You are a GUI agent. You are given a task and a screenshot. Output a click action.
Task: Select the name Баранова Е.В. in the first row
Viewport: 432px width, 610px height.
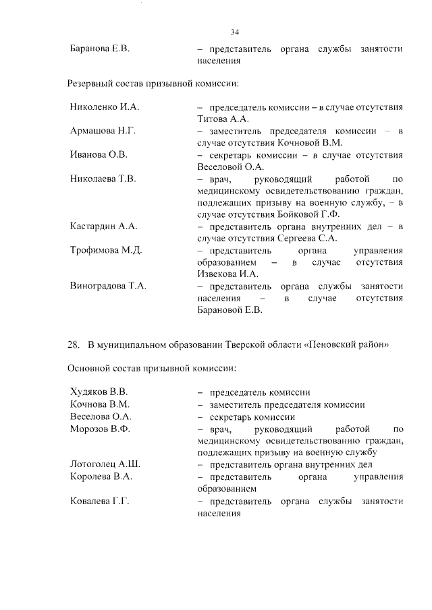(x=99, y=49)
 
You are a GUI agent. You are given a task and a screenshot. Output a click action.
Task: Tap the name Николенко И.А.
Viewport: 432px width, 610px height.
(x=104, y=107)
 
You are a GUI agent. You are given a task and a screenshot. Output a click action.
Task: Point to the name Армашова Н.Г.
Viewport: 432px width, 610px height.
(x=103, y=131)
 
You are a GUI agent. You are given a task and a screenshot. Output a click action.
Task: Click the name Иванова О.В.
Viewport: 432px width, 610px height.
(x=99, y=154)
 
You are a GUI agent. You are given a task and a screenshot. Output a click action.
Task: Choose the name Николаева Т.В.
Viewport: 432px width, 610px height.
(x=103, y=179)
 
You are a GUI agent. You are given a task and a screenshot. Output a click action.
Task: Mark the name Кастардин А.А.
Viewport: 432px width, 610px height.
(x=103, y=226)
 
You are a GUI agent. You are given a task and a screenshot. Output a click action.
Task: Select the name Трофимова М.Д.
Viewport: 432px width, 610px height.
(x=105, y=250)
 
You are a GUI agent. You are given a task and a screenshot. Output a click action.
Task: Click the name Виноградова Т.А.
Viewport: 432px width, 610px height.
(x=108, y=286)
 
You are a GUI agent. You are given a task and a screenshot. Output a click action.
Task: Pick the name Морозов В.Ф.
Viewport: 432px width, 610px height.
(x=100, y=429)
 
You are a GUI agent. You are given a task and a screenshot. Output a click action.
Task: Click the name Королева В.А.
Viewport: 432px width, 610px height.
(x=101, y=477)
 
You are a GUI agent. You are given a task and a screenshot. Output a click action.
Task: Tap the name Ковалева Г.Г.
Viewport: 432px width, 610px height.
(x=99, y=501)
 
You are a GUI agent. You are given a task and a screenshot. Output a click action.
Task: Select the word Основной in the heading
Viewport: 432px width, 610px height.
(x=88, y=369)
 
